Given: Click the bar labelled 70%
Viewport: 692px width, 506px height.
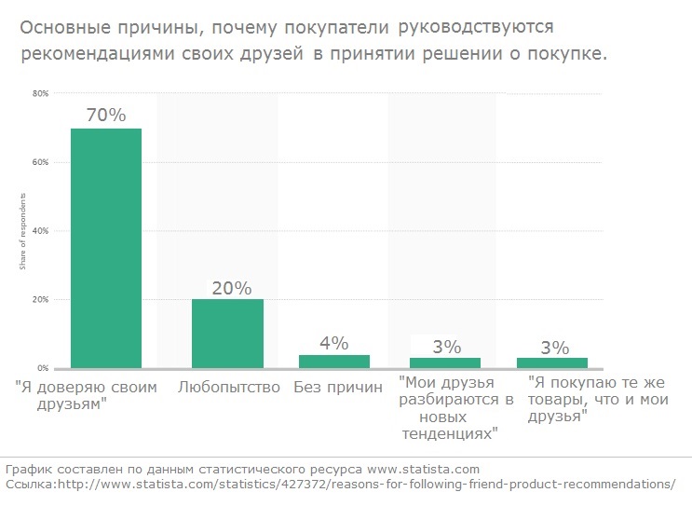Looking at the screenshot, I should tap(105, 247).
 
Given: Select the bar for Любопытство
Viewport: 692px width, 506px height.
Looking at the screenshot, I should tap(227, 333).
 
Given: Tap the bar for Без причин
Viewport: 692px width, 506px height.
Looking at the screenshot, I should tap(333, 362).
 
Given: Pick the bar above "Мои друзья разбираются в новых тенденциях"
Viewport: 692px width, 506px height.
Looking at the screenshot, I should tap(446, 362).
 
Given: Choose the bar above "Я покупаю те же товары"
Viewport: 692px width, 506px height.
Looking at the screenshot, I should tap(553, 362).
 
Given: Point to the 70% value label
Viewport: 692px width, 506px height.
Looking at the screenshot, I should tap(105, 116).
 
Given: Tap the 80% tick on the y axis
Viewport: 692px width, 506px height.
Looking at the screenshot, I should tap(40, 93).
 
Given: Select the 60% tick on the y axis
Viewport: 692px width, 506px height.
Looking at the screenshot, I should tap(40, 162).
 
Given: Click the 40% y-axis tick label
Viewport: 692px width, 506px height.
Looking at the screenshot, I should tap(40, 231).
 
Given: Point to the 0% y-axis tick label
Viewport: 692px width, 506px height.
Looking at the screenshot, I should tap(42, 368).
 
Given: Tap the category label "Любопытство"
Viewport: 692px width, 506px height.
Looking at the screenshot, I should tap(228, 387).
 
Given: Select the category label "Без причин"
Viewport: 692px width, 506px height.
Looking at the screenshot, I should tap(337, 387).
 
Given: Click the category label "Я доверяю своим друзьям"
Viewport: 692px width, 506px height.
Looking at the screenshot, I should tap(86, 394).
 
